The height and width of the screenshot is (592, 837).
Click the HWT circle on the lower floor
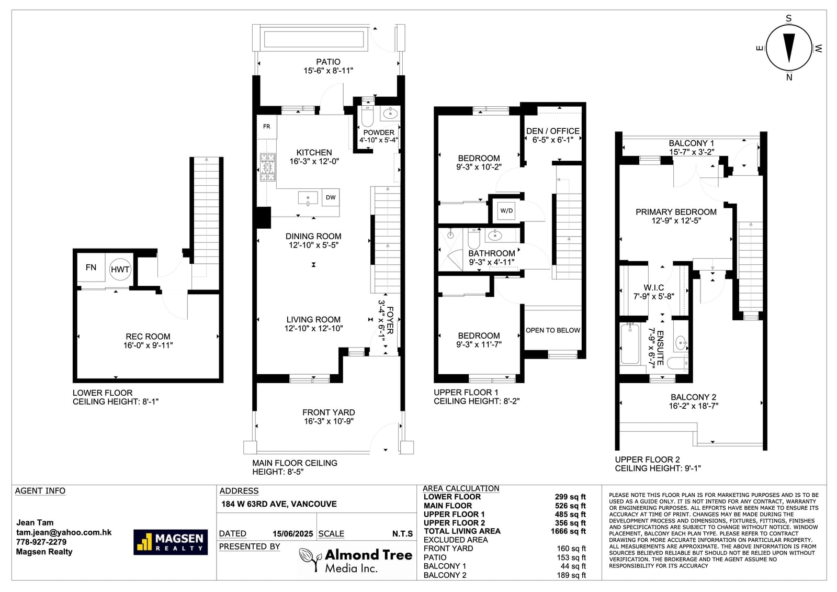[120, 269]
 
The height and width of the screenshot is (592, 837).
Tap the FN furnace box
[91, 267]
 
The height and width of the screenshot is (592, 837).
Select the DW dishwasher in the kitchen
[331, 197]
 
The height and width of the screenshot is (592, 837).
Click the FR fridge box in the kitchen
[266, 127]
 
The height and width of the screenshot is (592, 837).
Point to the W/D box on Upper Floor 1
[507, 210]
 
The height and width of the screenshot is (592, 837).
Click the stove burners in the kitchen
[267, 167]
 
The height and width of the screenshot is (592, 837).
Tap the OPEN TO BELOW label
[552, 330]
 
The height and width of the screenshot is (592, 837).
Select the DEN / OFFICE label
[552, 131]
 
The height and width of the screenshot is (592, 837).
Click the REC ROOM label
[148, 337]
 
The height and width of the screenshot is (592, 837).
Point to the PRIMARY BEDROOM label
[676, 212]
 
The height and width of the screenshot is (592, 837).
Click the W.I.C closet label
[653, 287]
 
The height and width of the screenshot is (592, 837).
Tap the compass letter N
[789, 77]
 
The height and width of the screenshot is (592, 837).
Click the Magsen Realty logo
[171, 542]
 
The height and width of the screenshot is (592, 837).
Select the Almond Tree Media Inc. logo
[355, 560]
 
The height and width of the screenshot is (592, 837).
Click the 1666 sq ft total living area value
[568, 531]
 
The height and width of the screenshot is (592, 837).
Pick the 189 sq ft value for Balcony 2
[571, 575]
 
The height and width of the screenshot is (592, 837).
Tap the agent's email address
[64, 532]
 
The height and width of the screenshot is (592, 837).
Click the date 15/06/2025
[292, 534]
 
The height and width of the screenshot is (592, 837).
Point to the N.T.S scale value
[402, 534]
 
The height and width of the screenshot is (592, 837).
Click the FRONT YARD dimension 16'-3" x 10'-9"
[329, 421]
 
